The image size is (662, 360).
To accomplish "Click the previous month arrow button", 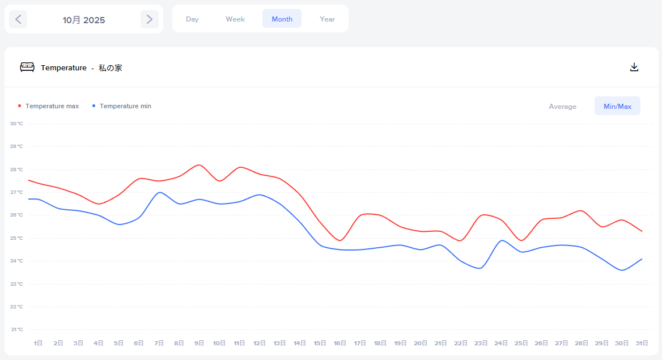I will [18, 19].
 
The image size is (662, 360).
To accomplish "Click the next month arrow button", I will [149, 19].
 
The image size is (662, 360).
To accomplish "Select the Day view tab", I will [192, 19].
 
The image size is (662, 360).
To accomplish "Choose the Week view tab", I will [235, 19].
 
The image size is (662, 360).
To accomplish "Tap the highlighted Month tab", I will [282, 19].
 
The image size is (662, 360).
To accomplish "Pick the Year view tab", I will [327, 19].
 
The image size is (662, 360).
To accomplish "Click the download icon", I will [634, 67].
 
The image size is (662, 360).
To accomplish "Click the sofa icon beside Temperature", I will [27, 67].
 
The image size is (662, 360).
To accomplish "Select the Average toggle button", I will [562, 106].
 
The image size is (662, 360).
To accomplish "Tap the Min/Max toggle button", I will [617, 106].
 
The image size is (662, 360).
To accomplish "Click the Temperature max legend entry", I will [52, 106].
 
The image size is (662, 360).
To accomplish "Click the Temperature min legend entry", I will [125, 106].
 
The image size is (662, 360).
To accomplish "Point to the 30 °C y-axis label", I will [16, 124].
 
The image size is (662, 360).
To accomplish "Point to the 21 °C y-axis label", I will [16, 329].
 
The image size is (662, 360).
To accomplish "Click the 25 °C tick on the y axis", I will [16, 238].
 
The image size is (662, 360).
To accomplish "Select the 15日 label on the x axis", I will [320, 343].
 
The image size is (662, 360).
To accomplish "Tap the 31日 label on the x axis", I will [642, 343].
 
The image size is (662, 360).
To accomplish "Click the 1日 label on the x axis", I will [38, 343].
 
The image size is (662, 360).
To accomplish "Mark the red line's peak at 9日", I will [199, 165].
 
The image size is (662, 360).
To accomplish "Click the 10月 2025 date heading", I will [84, 20].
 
